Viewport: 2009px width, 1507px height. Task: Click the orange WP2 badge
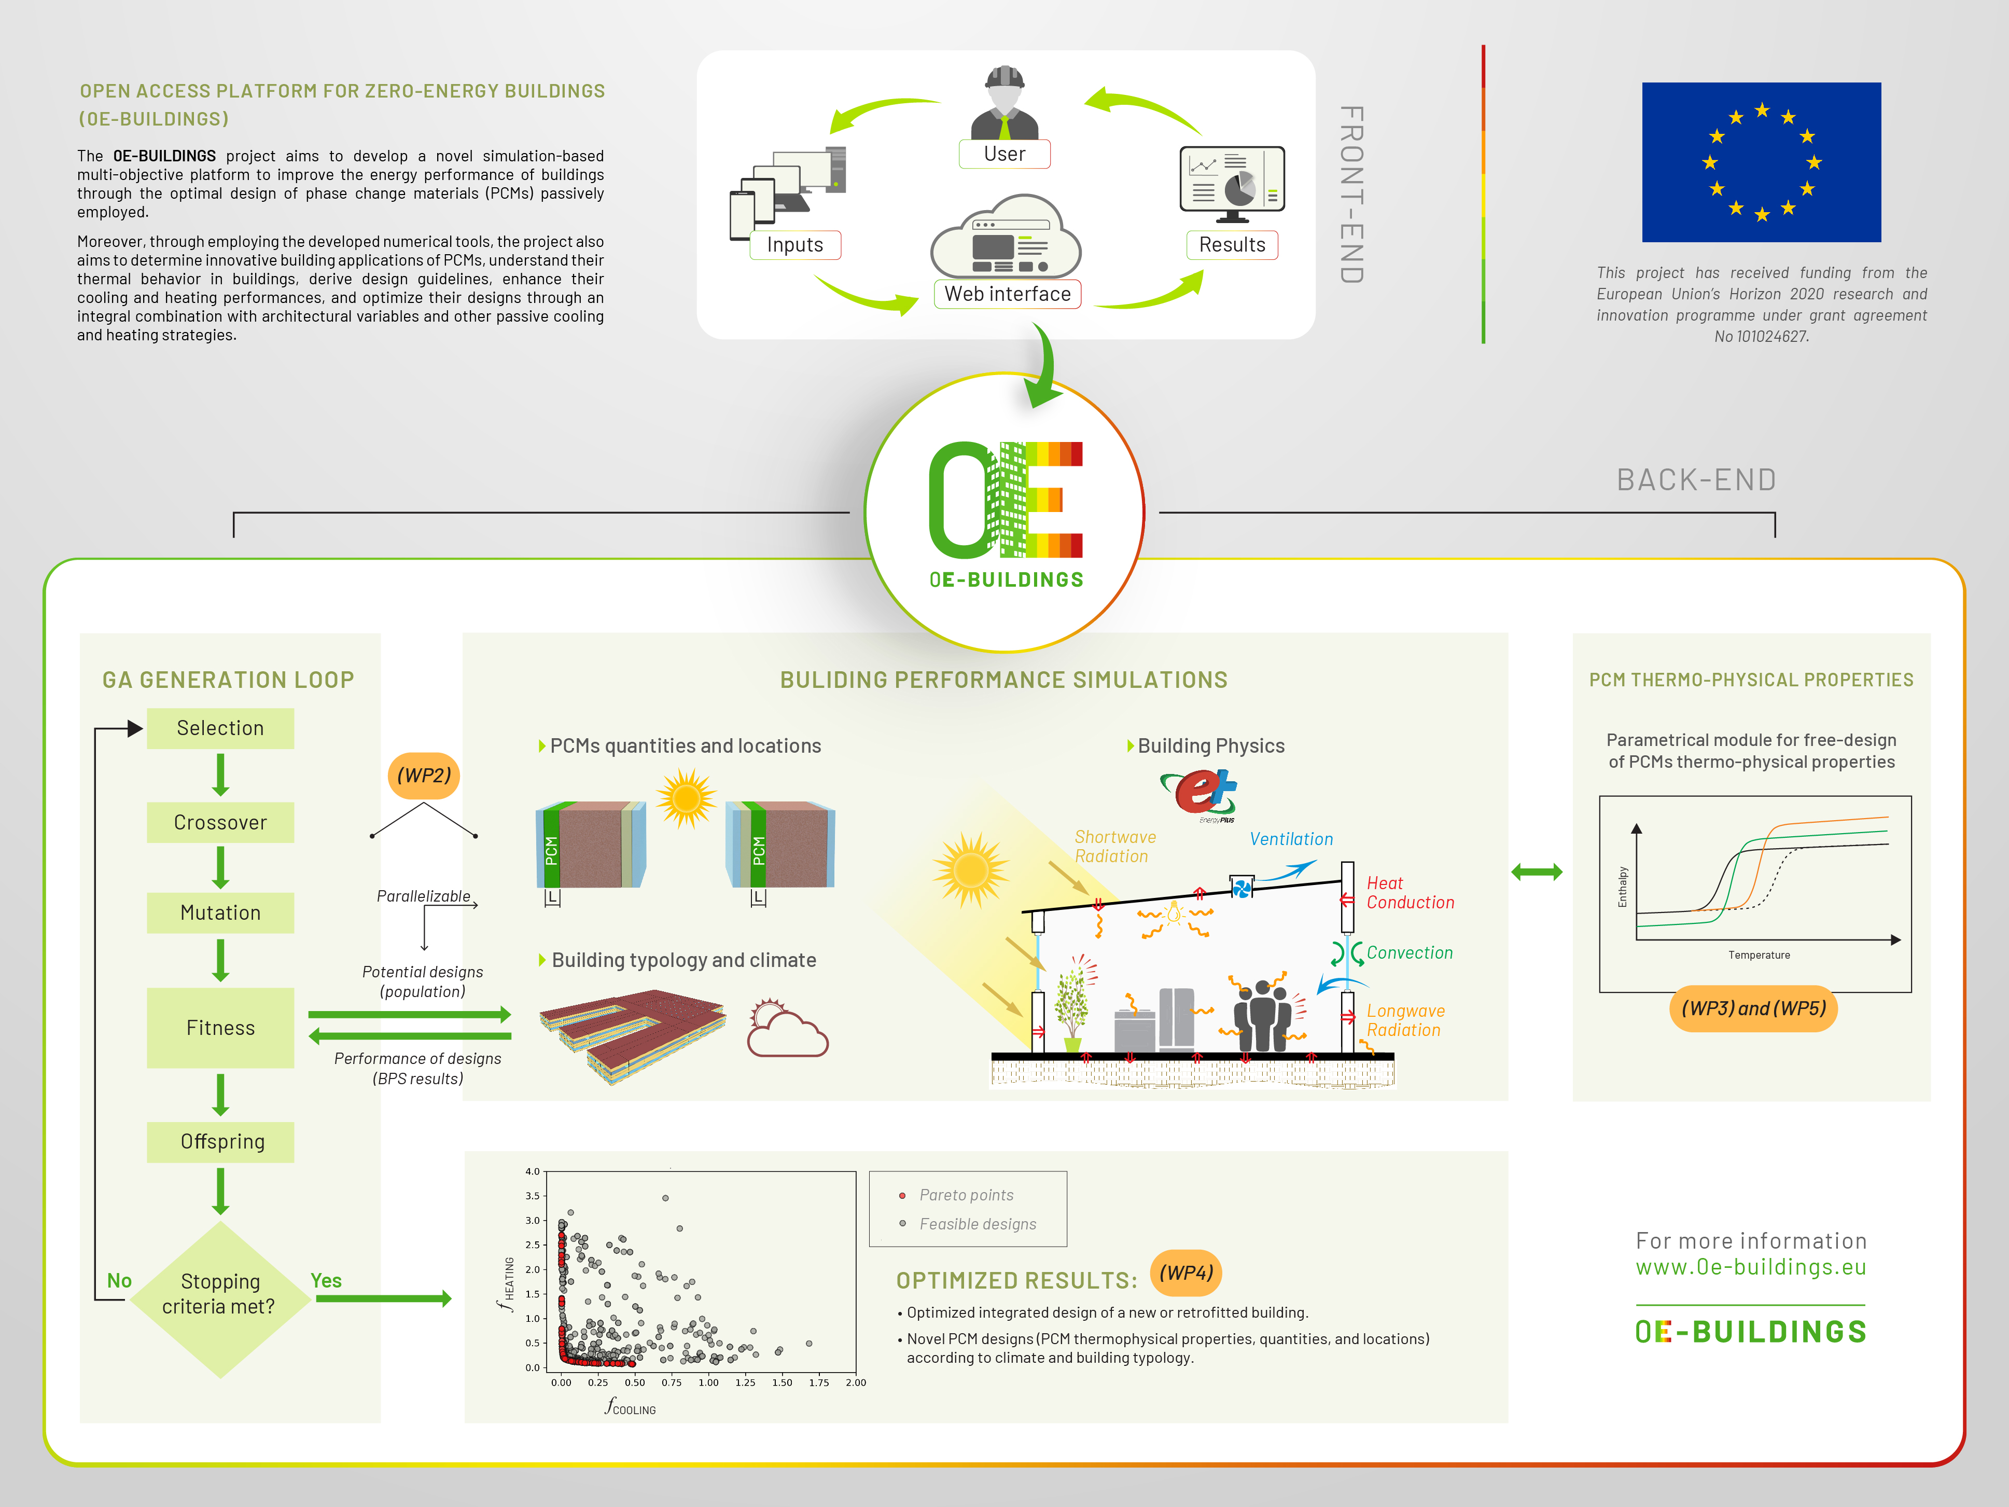click(423, 775)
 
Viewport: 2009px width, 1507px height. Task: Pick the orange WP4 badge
click(1185, 1273)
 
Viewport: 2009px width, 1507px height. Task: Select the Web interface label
click(1007, 294)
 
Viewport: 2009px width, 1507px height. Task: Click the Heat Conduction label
click(1410, 892)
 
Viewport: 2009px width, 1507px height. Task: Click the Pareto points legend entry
click(966, 1195)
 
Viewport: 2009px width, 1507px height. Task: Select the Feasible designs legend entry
click(976, 1224)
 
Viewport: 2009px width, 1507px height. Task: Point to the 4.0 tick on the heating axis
click(532, 1172)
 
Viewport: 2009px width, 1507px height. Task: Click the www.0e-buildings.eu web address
click(1750, 1267)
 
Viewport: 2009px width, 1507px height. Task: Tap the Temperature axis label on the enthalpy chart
click(1759, 955)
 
